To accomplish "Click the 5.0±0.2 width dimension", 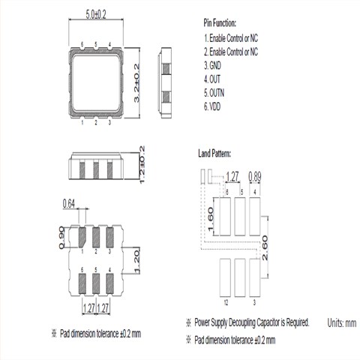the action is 96,14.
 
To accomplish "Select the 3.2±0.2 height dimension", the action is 136,83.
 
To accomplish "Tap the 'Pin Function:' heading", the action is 220,23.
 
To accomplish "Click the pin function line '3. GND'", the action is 212,65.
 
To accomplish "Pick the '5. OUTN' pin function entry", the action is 214,93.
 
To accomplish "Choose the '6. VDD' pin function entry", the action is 212,106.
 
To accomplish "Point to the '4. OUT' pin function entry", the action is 212,79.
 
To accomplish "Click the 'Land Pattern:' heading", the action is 214,153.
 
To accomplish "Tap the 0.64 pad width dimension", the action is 69,204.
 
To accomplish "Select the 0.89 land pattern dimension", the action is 255,177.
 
